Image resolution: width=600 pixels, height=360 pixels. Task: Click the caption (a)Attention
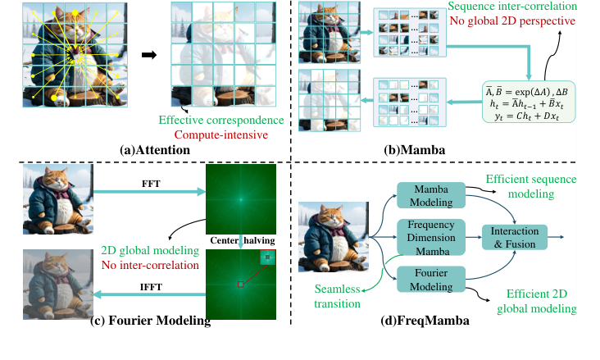pyautogui.click(x=144, y=150)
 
